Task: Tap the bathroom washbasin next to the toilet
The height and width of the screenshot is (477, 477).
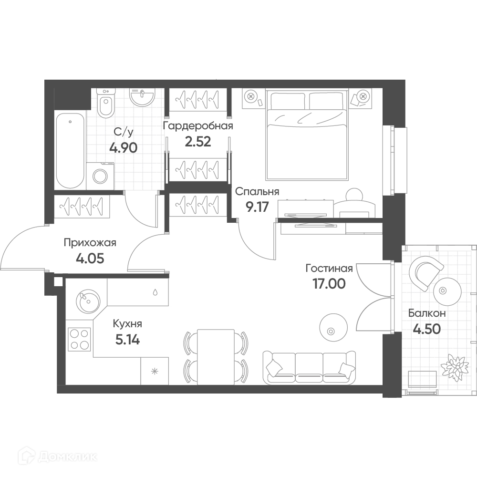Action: coord(142,97)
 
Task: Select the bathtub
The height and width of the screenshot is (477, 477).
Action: coord(70,151)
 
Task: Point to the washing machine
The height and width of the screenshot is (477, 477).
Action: coord(100,176)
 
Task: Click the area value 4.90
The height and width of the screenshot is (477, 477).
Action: coord(124,148)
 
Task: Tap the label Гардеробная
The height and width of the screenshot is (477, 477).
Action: coord(198,125)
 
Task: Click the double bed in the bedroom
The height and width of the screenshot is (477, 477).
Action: coord(307,134)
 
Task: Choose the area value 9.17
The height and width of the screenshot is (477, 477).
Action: coord(258,207)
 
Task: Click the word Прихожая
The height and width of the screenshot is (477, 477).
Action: coord(90,243)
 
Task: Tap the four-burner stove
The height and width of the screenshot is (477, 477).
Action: coord(79,339)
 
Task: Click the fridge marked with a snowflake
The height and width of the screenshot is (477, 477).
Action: coord(155,371)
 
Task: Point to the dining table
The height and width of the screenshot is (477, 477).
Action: coord(216,357)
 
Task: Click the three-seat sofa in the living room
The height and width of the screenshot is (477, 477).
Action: coord(309,367)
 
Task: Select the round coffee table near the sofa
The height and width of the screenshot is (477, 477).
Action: coord(333,328)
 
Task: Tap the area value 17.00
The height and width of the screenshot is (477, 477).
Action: coord(329,283)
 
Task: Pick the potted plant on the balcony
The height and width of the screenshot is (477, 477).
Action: coord(455,367)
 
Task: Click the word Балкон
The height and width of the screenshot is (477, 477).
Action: coord(427,313)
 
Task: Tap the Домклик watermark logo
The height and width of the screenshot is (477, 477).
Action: coord(58,456)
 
